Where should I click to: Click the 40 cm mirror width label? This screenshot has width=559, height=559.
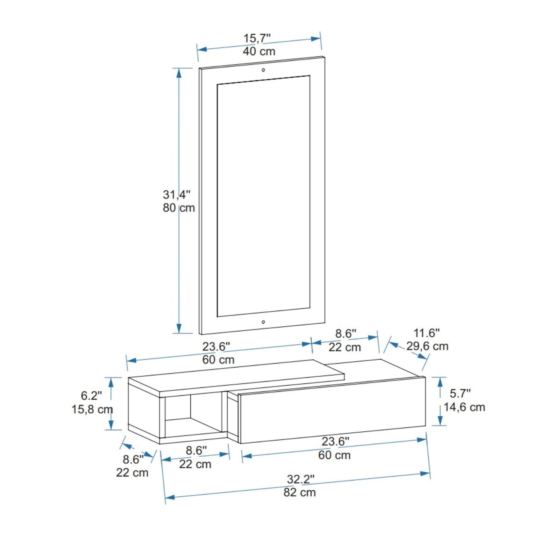pos(259,51)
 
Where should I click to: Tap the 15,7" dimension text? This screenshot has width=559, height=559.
pos(257,38)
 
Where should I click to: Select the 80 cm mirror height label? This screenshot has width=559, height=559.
pos(178,208)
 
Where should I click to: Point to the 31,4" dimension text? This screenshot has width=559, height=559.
pos(176,195)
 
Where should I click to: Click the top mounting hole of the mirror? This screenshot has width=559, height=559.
pos(263,70)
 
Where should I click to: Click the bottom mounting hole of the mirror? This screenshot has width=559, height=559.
pos(263,322)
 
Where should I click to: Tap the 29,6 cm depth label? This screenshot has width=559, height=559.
pos(427,346)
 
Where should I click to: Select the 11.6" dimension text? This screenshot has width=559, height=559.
pos(427,333)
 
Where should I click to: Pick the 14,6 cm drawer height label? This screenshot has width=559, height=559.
pos(464,407)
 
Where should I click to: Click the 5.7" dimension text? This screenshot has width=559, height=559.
pos(460,394)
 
